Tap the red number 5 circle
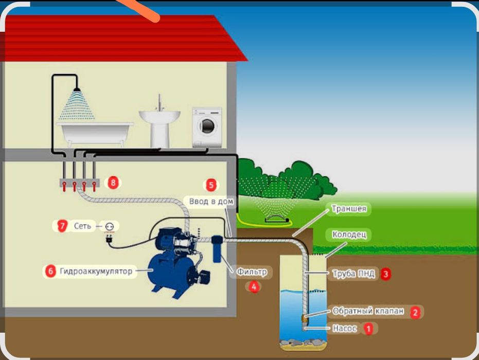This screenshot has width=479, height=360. pyautogui.click(x=210, y=185)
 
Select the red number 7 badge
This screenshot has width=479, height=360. pyautogui.click(x=62, y=226)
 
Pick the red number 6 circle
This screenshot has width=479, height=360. pyautogui.click(x=50, y=271)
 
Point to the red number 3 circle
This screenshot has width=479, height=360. pyautogui.click(x=385, y=274)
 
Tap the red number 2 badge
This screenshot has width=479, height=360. pyautogui.click(x=415, y=312)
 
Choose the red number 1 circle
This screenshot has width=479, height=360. pyautogui.click(x=367, y=328)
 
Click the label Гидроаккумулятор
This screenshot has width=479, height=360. pyautogui.click(x=96, y=271)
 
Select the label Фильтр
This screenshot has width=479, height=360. pyautogui.click(x=252, y=271)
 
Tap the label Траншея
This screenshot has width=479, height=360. pyautogui.click(x=349, y=209)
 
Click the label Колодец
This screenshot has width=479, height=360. pyautogui.click(x=349, y=235)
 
